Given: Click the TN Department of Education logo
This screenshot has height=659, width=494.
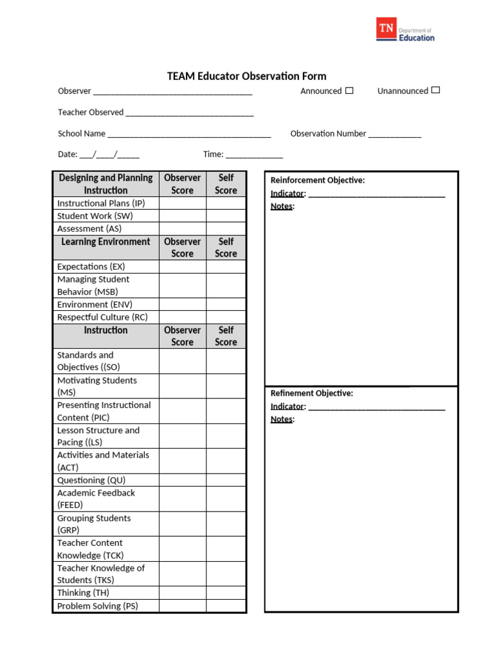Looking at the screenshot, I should tap(405, 30).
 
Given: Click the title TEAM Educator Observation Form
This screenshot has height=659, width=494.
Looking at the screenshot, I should tap(246, 76).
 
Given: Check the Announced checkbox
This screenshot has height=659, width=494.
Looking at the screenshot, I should tap(349, 91).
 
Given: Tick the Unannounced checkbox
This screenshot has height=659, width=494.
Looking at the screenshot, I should tap(435, 90).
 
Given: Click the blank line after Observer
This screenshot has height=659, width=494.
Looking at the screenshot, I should tap(172, 92).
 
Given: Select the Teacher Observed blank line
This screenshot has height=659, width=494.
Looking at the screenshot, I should tap(190, 113).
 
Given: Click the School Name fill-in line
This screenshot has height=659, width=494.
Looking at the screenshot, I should tap(189, 135).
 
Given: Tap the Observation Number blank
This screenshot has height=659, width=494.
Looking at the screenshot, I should tap(395, 135).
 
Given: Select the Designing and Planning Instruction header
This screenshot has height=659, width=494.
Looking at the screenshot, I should tap(105, 184).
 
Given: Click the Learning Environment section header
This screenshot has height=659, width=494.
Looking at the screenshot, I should tap(105, 242).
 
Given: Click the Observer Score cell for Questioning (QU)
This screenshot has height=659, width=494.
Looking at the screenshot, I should tap(182, 480).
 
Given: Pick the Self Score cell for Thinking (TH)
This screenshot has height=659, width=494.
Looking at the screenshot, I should tap(226, 593).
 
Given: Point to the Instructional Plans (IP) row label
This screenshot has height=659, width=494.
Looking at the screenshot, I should tap(101, 203).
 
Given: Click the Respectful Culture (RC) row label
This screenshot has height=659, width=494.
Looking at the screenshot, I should tap(102, 317).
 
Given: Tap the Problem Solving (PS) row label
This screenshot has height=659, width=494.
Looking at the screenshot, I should tap(98, 606).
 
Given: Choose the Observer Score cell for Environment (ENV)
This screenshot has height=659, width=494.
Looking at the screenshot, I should tap(182, 304).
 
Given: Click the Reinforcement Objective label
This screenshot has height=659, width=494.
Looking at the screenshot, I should tap(318, 180).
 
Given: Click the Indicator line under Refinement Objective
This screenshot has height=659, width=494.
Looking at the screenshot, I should tap(376, 407).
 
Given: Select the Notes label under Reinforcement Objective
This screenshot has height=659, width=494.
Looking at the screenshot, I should tap(282, 207).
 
